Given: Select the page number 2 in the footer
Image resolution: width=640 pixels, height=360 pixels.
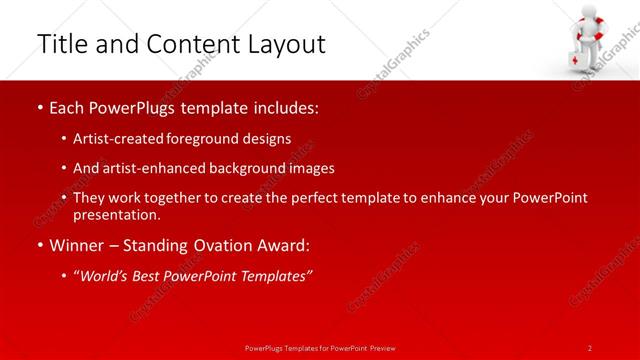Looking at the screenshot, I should click(590, 347).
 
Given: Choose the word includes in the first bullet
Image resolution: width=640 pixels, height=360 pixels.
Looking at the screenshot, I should click(284, 105).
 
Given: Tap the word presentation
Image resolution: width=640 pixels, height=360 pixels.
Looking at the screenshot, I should click(114, 214).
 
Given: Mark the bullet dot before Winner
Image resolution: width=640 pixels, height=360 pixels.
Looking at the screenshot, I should click(39, 246).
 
